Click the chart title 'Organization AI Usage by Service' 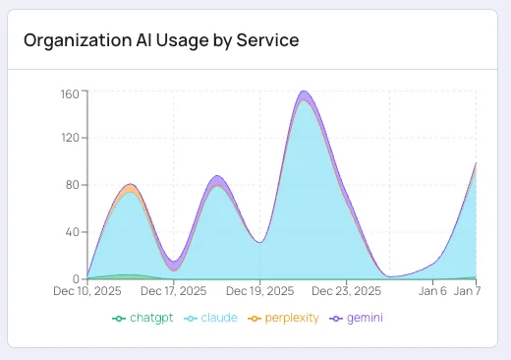pos(161,40)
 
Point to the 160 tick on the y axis pos(70,94)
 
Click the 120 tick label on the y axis pos(70,138)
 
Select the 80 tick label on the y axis pos(73,185)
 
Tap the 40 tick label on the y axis pos(73,232)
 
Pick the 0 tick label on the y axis pos(76,279)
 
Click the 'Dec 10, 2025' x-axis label pos(86,292)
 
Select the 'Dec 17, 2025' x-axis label pos(174,292)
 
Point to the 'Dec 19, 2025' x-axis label pos(260,292)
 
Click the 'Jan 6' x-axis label pos(434,292)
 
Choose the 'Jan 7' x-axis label pos(467,292)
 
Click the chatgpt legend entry pos(142,319)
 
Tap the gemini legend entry pos(357,319)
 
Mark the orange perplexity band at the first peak pos(131,188)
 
